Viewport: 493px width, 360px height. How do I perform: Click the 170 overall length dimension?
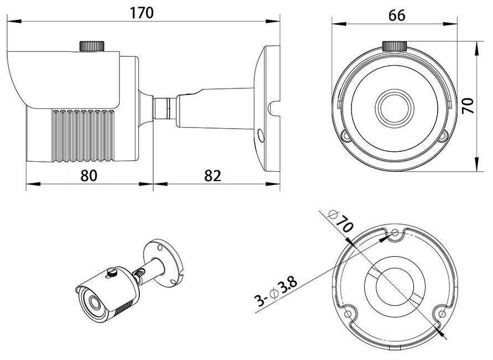(141, 13)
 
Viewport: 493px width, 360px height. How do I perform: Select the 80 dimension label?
(89, 176)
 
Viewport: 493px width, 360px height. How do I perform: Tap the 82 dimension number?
(213, 176)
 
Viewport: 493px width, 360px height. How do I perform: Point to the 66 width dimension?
(397, 15)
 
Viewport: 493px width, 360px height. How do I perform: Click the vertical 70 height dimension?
(468, 106)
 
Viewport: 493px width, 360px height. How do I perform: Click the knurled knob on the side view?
(92, 46)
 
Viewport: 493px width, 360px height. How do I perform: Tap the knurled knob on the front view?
(395, 46)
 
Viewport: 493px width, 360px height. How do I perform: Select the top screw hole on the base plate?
(396, 233)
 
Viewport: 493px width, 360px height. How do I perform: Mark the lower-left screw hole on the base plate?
(348, 314)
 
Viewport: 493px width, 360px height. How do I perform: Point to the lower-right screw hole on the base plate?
(442, 314)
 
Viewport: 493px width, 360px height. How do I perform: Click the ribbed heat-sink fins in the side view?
(83, 136)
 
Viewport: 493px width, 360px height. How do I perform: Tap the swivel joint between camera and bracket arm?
(165, 109)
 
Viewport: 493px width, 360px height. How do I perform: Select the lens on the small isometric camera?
(93, 301)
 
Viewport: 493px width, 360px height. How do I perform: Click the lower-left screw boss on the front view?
(346, 136)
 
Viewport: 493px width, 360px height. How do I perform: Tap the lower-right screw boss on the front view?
(443, 136)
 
